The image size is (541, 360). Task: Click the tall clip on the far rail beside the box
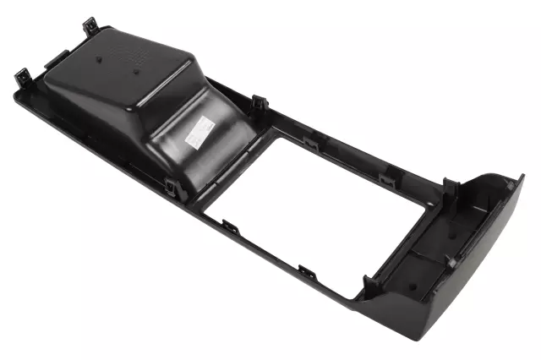click(260, 104)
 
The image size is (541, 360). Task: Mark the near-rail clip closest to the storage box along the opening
click(230, 226)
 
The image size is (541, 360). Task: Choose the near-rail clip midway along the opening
click(306, 273)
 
